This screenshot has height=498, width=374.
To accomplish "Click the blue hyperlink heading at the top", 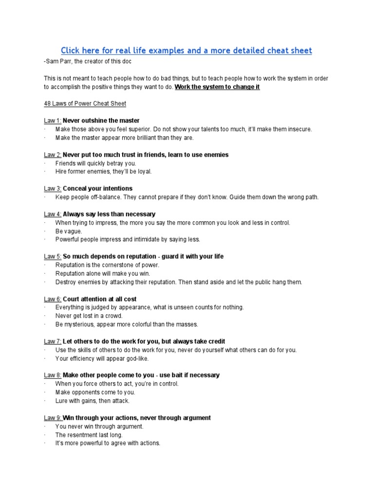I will [x=187, y=51].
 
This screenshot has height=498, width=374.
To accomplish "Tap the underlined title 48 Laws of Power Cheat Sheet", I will [x=85, y=104].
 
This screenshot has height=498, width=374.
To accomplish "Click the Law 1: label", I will [x=52, y=121].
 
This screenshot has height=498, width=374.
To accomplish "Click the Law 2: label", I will [x=52, y=155].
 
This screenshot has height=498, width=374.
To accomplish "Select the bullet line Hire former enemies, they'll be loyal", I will [x=103, y=172].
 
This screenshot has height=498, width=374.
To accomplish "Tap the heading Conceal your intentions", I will [x=97, y=188].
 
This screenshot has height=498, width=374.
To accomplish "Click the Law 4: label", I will [x=52, y=214].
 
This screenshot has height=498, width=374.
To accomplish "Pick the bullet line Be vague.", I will [x=69, y=231].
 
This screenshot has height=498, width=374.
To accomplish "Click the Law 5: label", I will [x=52, y=256].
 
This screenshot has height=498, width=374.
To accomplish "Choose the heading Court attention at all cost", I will [x=100, y=299].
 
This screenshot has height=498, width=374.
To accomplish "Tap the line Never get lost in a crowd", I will [x=89, y=316].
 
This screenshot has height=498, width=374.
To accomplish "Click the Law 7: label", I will [x=52, y=341].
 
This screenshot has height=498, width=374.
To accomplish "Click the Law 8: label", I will [x=52, y=375].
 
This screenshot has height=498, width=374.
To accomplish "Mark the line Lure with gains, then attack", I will [x=92, y=401].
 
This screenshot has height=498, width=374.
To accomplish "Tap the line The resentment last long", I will [x=89, y=435].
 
